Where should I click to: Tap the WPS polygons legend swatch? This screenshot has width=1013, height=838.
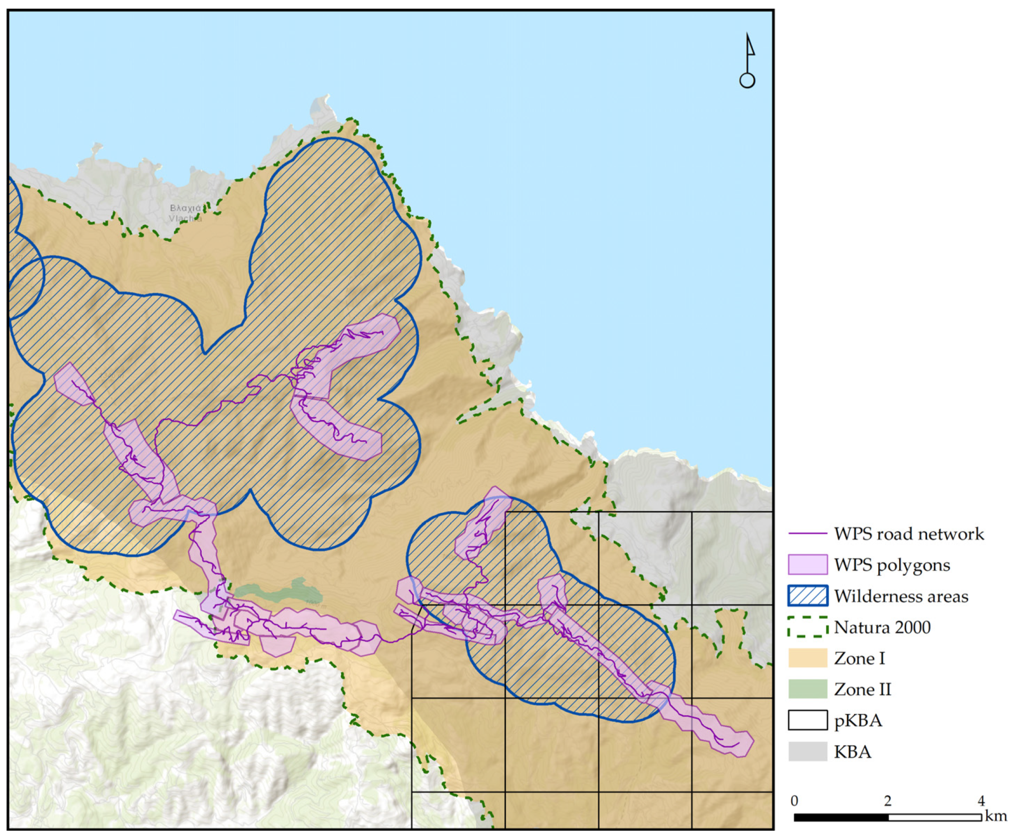807,565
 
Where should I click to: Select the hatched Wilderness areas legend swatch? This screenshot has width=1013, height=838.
807,596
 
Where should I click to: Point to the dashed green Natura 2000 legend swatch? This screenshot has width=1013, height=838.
807,627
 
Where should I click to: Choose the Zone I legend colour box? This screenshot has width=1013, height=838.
807,658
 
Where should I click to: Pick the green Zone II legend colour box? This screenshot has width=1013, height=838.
807,689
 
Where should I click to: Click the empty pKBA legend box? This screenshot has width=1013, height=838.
807,720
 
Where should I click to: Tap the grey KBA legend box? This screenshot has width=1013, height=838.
807,751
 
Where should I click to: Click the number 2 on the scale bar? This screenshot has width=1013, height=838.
887,801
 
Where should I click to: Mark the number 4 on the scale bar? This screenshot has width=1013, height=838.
981,801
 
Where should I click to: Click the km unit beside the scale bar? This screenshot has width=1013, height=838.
996,816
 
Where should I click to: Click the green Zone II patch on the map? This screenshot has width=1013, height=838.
278,591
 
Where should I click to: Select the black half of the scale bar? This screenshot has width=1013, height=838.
841,818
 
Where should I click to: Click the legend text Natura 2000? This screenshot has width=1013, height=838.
882,627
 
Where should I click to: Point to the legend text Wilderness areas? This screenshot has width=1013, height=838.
901,596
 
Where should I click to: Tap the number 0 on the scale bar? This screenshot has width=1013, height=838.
794,801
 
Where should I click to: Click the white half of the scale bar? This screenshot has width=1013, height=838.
934,818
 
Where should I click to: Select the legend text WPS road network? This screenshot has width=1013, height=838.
909,534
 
